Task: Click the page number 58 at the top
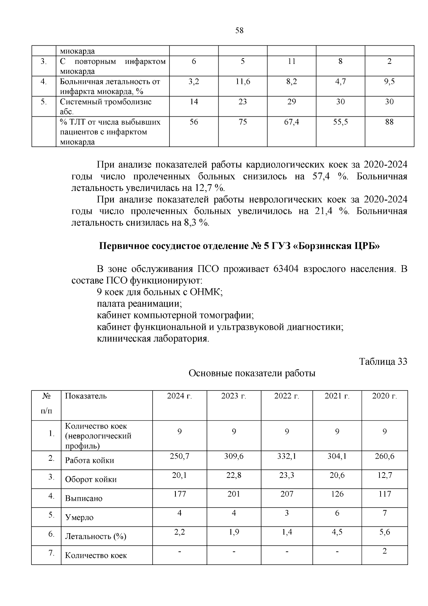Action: [239, 31]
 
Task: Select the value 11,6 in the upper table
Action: [243, 81]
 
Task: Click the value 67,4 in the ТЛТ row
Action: [291, 122]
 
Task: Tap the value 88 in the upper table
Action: [389, 122]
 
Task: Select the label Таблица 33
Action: [383, 362]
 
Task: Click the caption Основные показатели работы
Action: [252, 374]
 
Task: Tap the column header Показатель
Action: [86, 396]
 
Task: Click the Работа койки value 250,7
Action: [179, 456]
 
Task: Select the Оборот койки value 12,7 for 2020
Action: [384, 475]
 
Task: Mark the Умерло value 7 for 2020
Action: [384, 513]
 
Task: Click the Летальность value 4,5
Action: [337, 532]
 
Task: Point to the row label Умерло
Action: [79, 517]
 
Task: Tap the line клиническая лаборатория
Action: [153, 339]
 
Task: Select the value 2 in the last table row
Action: [384, 551]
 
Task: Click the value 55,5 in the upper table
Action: [340, 122]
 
